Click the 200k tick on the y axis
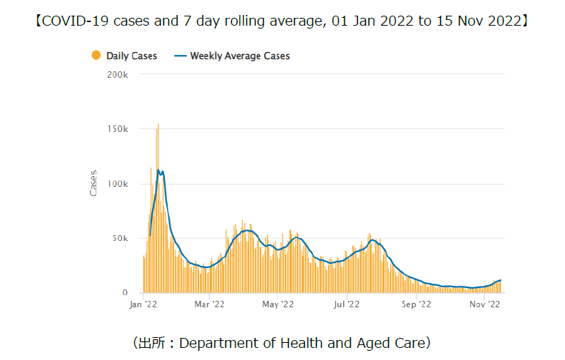(x=116, y=74)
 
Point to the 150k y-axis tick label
(x=116, y=129)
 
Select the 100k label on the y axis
(x=116, y=184)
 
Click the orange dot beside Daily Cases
(x=96, y=56)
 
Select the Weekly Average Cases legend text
(x=240, y=56)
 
